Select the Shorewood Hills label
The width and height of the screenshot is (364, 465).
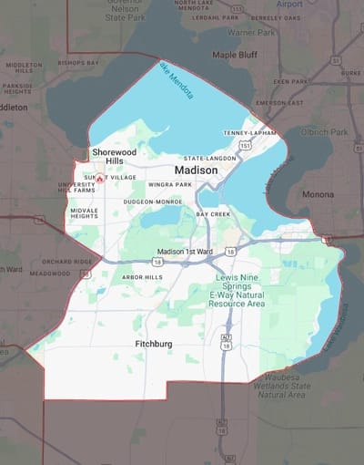click(114, 156)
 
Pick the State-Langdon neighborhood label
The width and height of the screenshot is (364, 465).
click(210, 158)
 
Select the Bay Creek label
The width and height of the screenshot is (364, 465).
click(214, 213)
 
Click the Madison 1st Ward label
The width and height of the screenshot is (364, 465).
click(184, 252)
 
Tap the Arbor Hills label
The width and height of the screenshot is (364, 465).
click(142, 276)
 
